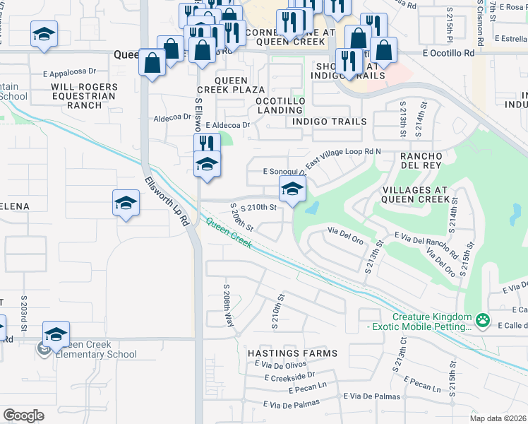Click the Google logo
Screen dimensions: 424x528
point(23,416)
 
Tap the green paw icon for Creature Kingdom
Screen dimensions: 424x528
point(483,321)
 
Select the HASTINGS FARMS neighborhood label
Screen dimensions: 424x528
point(292,353)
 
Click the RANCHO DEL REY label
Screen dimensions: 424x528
point(421,160)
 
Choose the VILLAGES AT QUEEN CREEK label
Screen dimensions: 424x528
point(415,195)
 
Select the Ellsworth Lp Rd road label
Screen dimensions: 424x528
point(167,201)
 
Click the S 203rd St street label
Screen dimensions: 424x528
point(23,313)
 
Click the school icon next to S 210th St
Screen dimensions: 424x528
point(292,189)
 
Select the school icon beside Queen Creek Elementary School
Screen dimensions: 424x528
point(56,334)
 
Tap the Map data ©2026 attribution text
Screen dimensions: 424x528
point(497,418)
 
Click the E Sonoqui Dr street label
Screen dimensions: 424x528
point(284,171)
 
